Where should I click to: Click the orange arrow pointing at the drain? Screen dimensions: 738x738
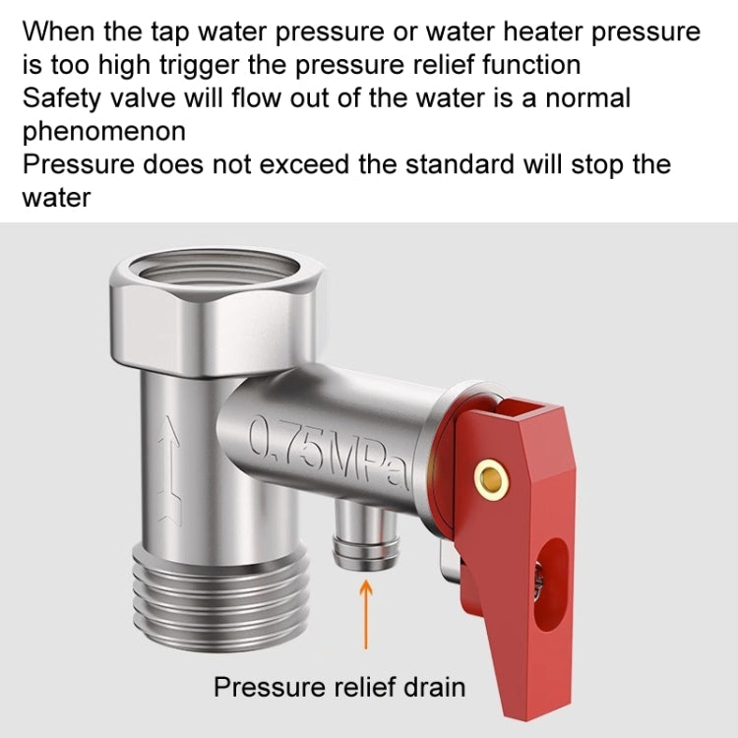point(366,612)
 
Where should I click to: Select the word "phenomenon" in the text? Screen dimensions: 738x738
point(104,131)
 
